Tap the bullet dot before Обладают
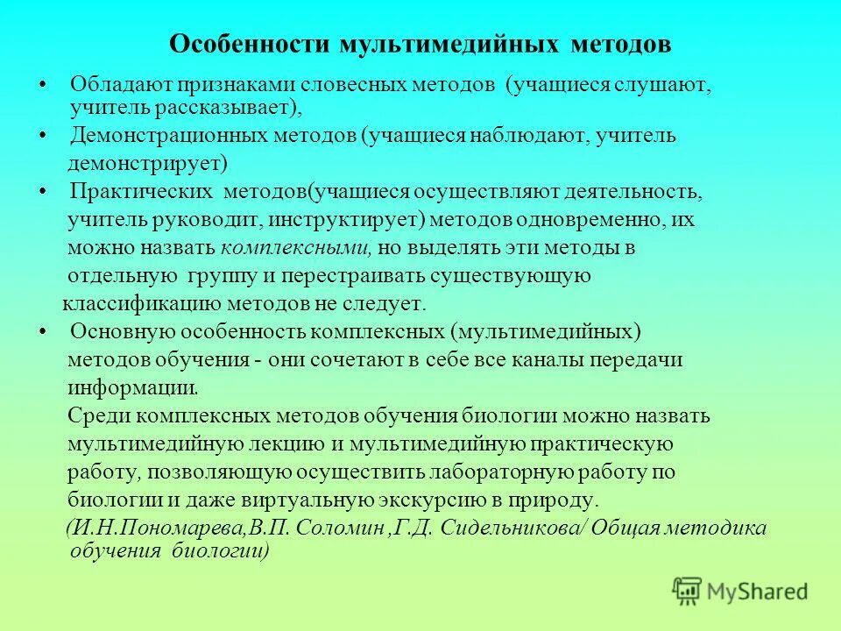43,86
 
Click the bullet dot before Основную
43,332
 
